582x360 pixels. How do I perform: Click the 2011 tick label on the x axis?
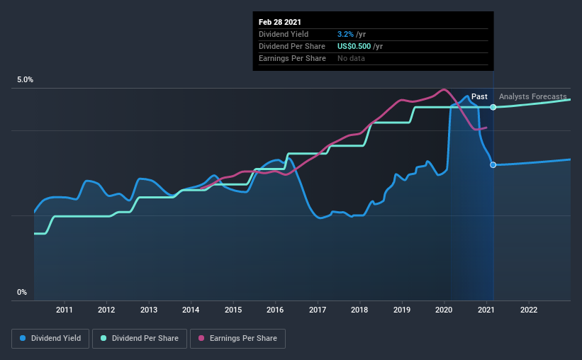[x=65, y=310]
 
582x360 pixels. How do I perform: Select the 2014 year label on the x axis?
[x=191, y=310]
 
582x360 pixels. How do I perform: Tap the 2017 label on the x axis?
[x=318, y=310]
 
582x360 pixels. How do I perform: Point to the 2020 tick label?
[x=444, y=310]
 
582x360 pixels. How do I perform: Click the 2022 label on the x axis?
[x=528, y=310]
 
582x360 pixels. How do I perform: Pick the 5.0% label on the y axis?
[x=25, y=80]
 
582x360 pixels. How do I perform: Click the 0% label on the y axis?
[x=22, y=292]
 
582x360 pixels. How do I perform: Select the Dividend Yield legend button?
[x=50, y=339]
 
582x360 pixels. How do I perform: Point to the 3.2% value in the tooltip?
[x=345, y=34]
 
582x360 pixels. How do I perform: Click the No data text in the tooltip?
[x=351, y=58]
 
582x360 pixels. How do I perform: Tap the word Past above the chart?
[x=479, y=96]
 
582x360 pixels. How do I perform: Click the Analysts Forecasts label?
[x=532, y=96]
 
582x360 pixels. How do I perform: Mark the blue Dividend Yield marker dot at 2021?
[x=493, y=164]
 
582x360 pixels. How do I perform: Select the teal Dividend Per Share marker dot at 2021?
[x=493, y=107]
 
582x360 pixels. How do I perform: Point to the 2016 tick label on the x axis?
[x=275, y=310]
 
